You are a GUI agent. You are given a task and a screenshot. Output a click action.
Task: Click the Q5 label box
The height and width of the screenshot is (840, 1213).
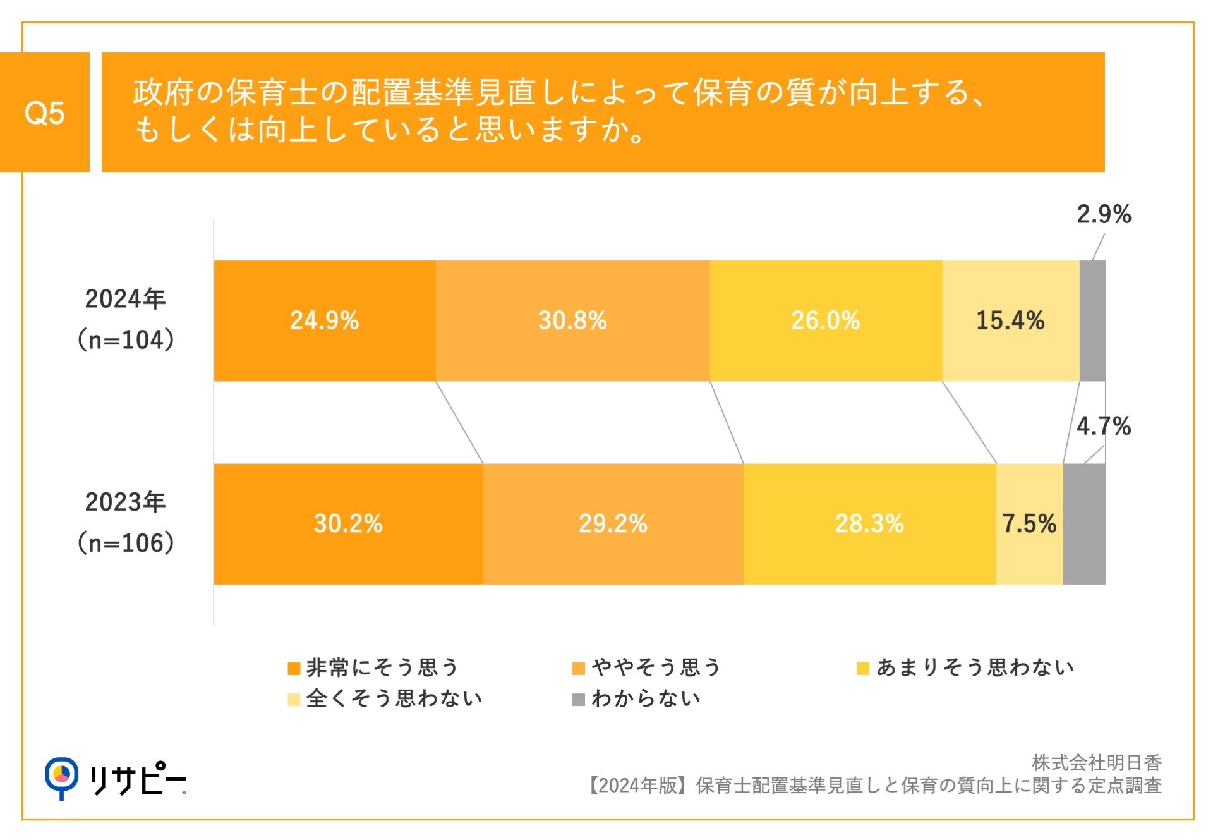44,113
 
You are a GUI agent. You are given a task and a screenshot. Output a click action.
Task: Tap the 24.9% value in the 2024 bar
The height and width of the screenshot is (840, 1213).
324,320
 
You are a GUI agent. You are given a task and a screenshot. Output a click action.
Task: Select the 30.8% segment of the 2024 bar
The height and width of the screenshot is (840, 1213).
572,320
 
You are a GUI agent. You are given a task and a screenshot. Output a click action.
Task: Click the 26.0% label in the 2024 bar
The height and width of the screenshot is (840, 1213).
825,320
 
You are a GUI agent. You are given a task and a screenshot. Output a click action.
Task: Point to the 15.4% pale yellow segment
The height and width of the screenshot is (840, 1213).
1010,320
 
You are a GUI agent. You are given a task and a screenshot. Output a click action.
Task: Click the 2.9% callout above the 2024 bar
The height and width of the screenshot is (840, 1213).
1103,214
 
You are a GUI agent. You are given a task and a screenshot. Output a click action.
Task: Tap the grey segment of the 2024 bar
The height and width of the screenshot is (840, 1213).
1092,320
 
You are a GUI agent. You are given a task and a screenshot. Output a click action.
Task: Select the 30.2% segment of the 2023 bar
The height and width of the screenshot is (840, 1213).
348,524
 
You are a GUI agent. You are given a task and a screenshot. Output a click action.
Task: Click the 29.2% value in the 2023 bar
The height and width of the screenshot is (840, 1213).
613,524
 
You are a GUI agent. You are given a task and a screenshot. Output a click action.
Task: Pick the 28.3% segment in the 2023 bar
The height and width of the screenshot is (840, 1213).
869,524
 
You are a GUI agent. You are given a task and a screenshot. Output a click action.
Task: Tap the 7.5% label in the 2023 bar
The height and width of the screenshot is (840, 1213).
1029,524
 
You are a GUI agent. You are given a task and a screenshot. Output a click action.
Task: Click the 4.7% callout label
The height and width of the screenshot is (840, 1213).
1103,426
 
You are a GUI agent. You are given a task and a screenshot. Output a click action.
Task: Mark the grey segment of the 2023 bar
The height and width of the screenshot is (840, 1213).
1084,524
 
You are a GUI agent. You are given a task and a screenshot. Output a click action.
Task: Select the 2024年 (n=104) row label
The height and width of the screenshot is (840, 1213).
126,319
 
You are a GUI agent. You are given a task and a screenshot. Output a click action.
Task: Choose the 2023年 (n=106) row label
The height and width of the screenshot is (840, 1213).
126,523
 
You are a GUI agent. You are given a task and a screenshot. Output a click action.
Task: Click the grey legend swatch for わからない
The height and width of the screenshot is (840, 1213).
578,700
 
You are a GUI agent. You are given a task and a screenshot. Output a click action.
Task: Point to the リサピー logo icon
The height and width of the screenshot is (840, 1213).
61,777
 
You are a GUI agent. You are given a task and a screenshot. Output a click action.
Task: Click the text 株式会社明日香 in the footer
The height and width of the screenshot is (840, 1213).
1096,763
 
